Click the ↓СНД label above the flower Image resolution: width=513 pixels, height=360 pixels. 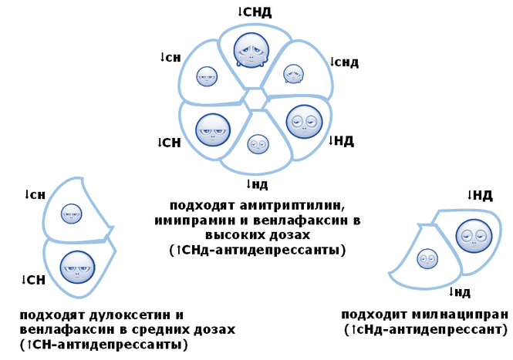(x=254, y=12)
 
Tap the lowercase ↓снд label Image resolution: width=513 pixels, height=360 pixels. (x=343, y=62)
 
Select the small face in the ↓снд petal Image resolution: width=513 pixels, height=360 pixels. (x=292, y=73)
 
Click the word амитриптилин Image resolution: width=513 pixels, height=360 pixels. (x=296, y=206)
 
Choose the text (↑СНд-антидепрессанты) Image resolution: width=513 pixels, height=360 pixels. (x=257, y=251)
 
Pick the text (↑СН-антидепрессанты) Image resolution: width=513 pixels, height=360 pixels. (x=104, y=344)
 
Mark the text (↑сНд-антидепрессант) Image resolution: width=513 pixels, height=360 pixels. (x=425, y=329)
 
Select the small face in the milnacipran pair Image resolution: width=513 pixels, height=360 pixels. (x=427, y=258)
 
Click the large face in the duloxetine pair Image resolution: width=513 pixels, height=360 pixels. (x=77, y=267)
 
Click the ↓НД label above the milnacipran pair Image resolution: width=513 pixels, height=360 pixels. (x=480, y=196)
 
